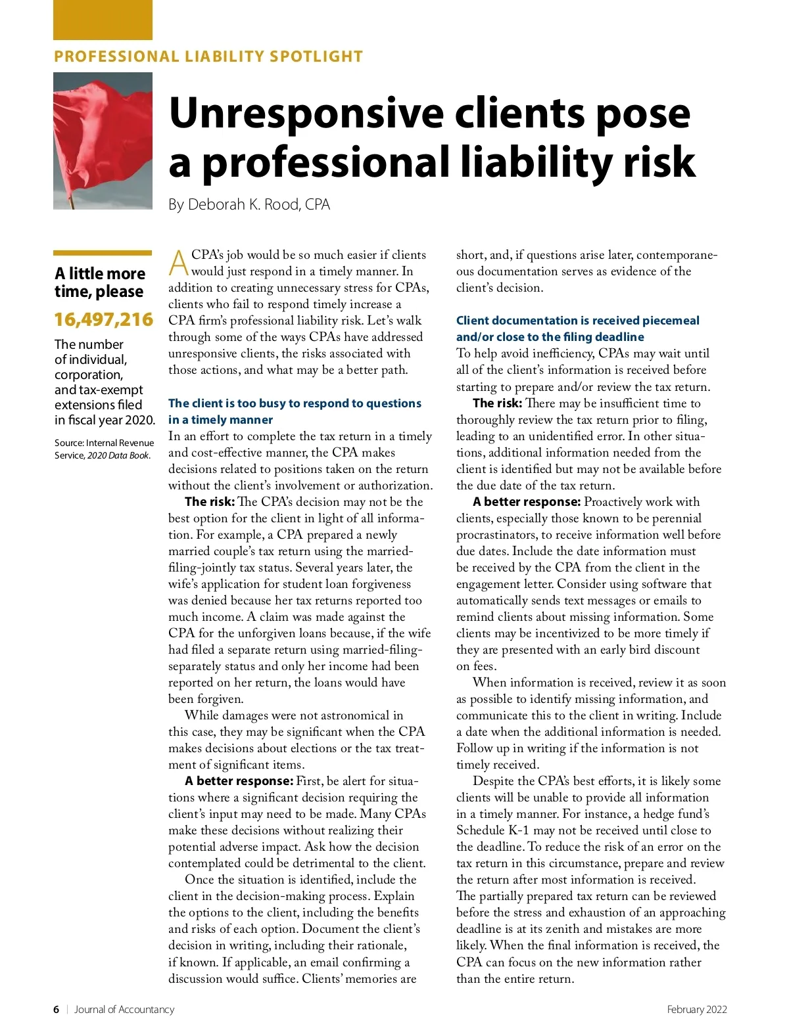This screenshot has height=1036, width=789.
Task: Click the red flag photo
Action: [x=103, y=141]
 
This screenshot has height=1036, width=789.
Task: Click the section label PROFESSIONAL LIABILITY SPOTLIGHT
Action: [x=208, y=56]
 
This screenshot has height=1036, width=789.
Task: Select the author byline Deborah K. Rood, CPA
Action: [x=249, y=204]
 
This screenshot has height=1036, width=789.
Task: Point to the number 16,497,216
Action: [x=103, y=319]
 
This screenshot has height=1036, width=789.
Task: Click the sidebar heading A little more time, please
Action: [x=100, y=282]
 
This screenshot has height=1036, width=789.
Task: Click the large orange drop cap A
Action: [x=178, y=263]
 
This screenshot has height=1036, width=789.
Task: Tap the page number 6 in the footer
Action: [x=56, y=1009]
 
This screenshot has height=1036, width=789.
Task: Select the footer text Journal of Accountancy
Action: [x=124, y=1009]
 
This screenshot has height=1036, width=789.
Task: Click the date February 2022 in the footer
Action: [x=697, y=1009]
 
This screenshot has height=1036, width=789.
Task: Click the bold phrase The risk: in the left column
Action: [x=210, y=502]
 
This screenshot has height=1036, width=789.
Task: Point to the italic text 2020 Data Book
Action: [x=119, y=455]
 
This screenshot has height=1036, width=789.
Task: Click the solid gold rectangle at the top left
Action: [x=103, y=20]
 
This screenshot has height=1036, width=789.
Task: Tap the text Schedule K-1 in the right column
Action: [x=488, y=830]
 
